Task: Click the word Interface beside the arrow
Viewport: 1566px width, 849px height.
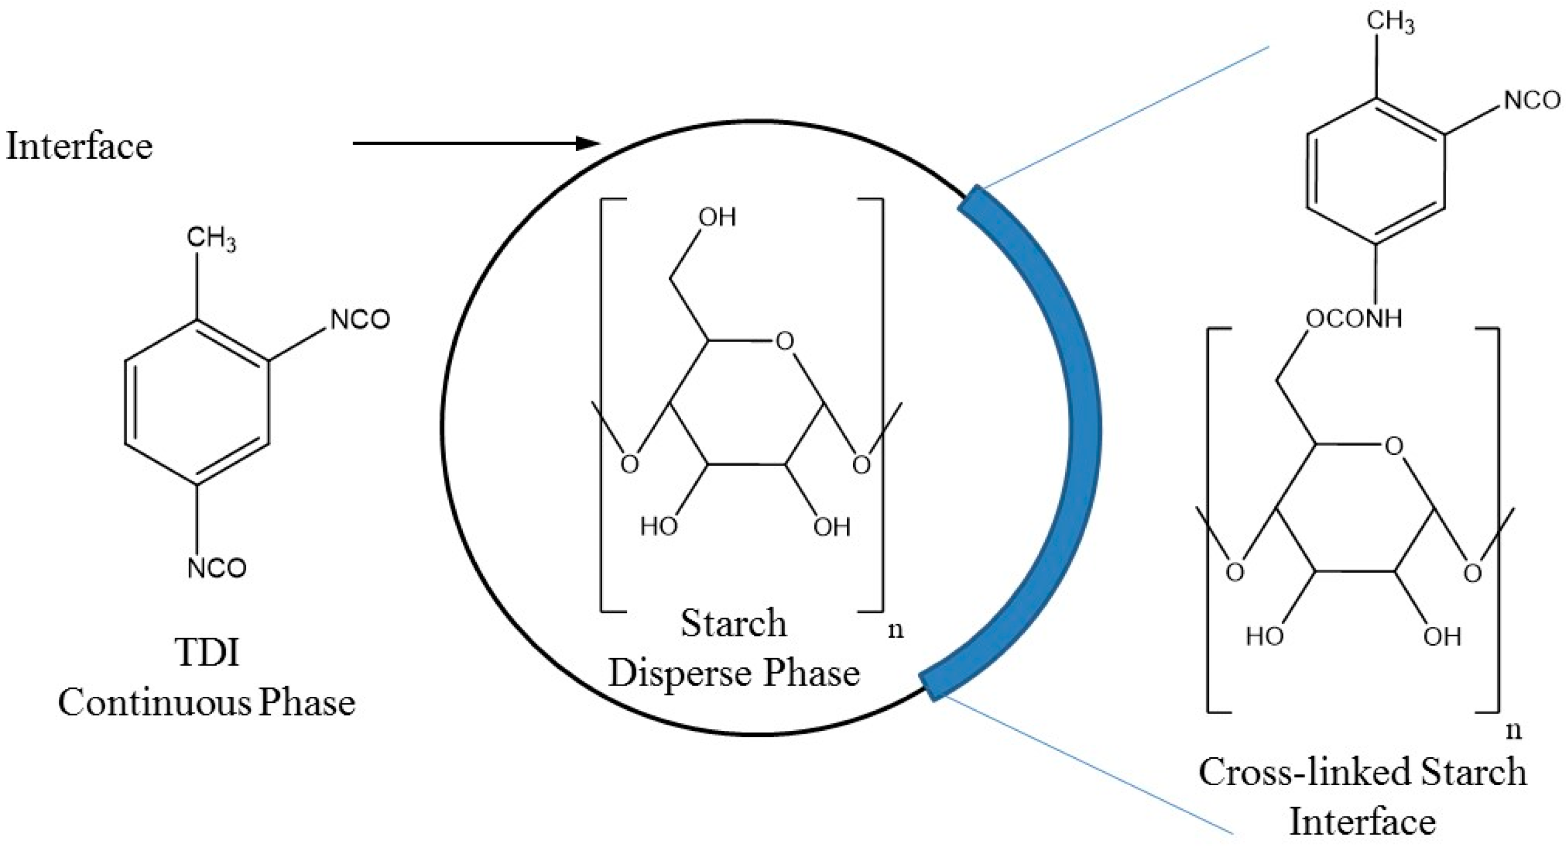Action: point(79,147)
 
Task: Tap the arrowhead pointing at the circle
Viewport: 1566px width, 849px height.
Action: point(588,143)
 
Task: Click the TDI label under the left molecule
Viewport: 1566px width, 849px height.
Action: point(207,652)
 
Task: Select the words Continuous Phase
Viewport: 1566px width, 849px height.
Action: point(207,703)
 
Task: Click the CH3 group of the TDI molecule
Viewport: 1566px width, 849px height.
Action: point(211,238)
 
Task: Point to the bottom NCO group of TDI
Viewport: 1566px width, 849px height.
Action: point(217,568)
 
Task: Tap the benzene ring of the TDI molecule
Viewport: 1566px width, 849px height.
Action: point(197,402)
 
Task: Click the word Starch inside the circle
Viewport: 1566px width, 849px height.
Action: point(734,623)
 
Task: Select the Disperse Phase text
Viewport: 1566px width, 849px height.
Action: point(734,673)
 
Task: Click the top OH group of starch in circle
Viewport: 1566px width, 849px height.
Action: point(717,217)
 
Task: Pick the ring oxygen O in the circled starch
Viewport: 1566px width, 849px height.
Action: point(785,341)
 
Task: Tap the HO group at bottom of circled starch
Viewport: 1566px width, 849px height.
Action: point(659,526)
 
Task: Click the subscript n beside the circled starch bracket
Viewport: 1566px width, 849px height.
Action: point(895,630)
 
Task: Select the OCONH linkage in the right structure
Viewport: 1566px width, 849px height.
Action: point(1353,318)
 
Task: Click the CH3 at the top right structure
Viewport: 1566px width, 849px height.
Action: point(1390,22)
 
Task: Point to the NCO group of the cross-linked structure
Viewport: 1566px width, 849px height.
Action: point(1532,100)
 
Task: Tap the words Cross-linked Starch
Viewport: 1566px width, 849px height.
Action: point(1362,772)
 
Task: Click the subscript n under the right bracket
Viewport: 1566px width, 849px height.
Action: point(1514,730)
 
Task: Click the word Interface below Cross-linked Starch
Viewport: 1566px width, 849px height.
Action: point(1362,822)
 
